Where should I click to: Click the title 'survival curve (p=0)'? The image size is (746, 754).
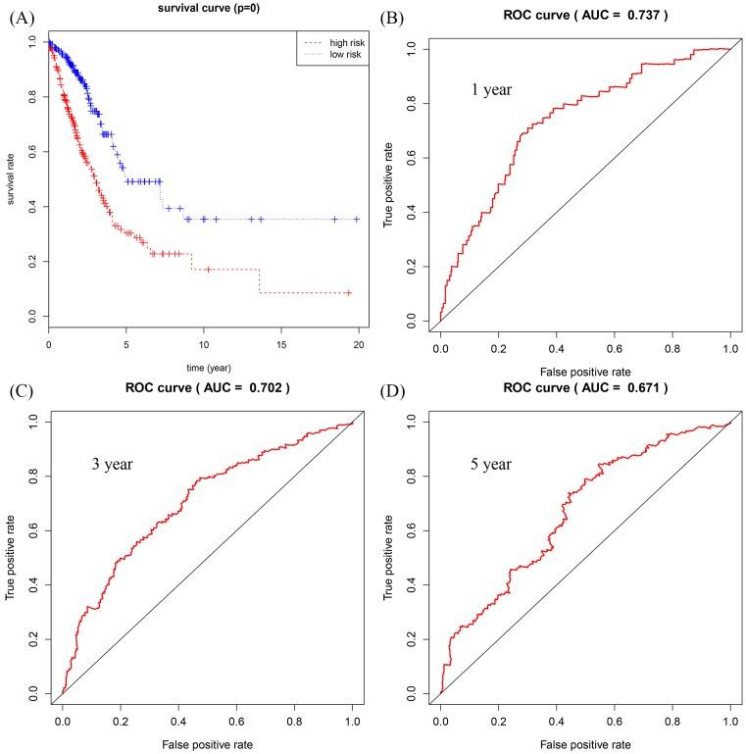pyautogui.click(x=203, y=9)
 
